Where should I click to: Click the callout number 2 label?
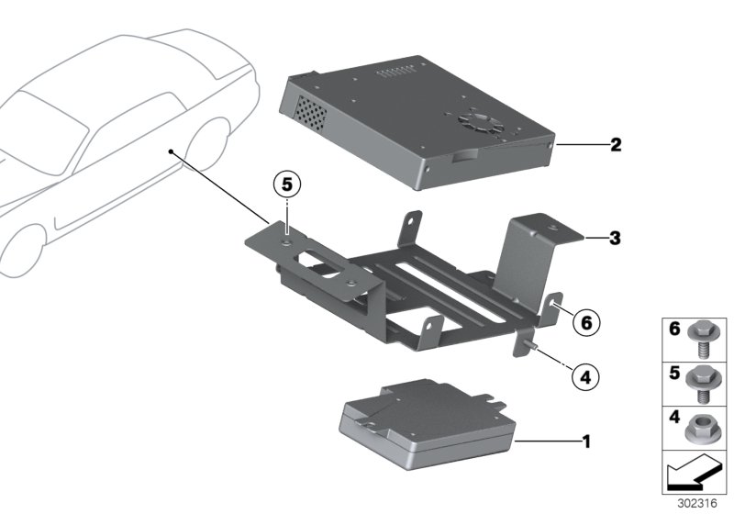(617, 144)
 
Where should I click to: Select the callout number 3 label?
(616, 239)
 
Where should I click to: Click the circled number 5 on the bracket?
(286, 184)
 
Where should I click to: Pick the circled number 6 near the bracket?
(584, 322)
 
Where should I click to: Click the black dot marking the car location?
(171, 150)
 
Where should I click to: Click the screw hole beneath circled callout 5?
(287, 243)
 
